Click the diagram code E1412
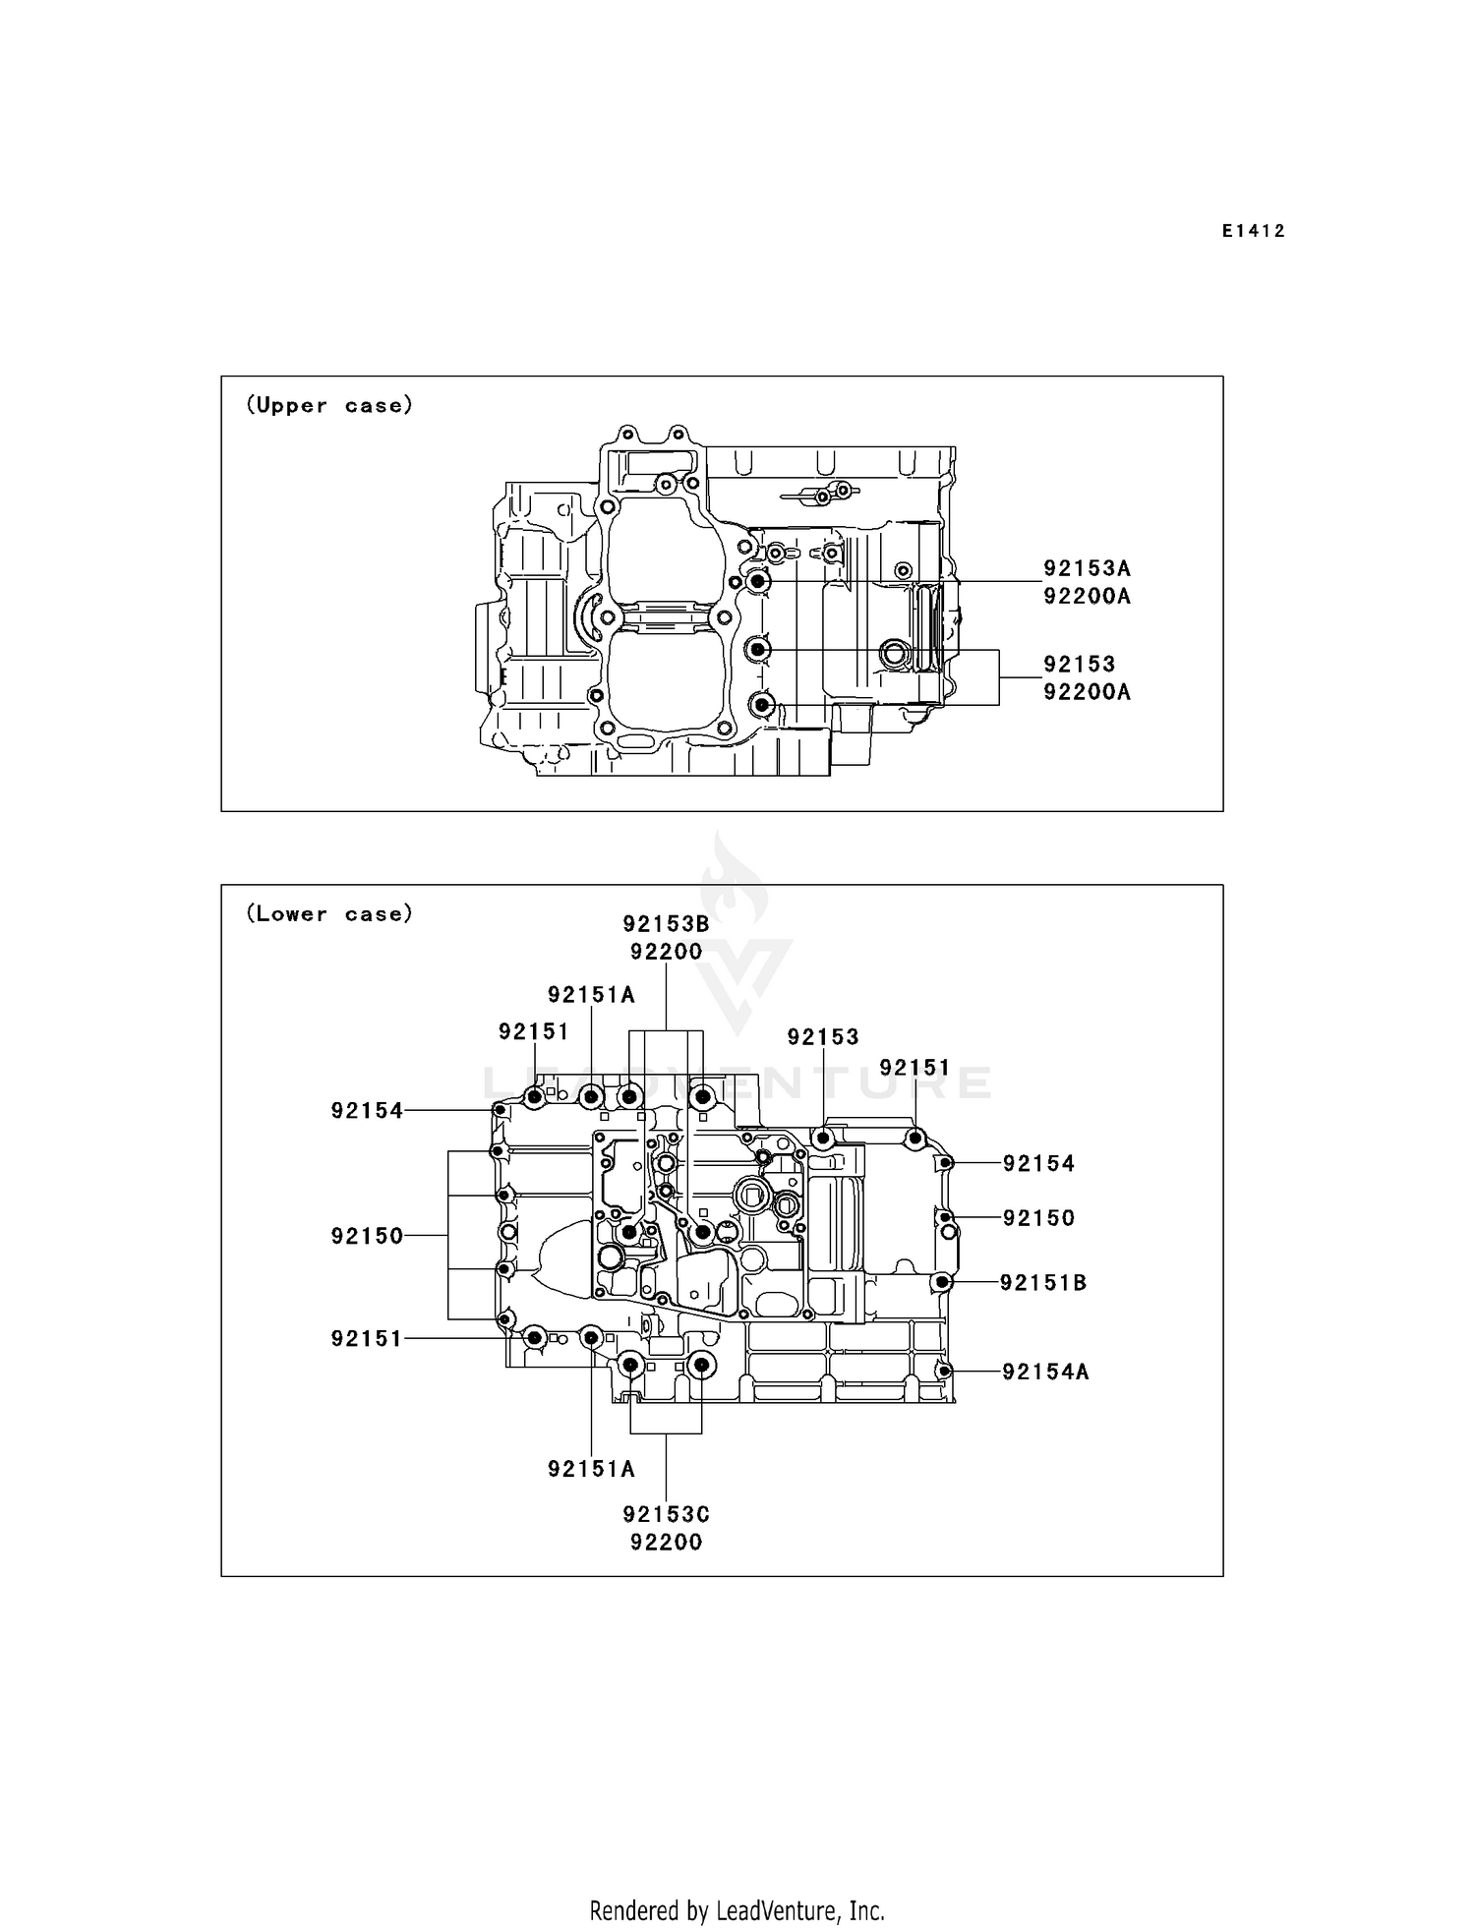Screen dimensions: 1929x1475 click(x=1253, y=231)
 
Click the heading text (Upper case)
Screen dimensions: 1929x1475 click(x=329, y=405)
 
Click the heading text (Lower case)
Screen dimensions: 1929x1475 click(x=329, y=913)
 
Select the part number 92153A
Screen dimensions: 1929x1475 click(x=1087, y=568)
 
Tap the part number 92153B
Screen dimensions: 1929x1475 click(x=666, y=924)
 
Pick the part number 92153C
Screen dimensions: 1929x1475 click(x=666, y=1515)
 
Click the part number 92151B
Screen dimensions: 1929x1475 click(x=1043, y=1283)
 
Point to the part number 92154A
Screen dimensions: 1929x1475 click(x=1045, y=1372)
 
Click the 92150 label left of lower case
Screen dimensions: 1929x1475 click(x=367, y=1236)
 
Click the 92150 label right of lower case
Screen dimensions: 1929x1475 click(x=1038, y=1218)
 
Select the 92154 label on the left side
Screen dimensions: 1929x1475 click(x=367, y=1111)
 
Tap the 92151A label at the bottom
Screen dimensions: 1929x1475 click(x=591, y=1469)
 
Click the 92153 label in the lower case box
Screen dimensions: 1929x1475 click(x=823, y=1037)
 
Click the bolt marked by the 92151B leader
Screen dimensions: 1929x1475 click(x=941, y=1282)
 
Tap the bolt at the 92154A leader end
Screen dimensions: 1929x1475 click(x=944, y=1372)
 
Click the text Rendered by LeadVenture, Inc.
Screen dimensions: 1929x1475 click(x=737, y=1910)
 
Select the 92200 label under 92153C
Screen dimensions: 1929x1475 click(x=666, y=1543)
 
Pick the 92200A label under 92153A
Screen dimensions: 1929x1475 click(x=1087, y=596)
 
